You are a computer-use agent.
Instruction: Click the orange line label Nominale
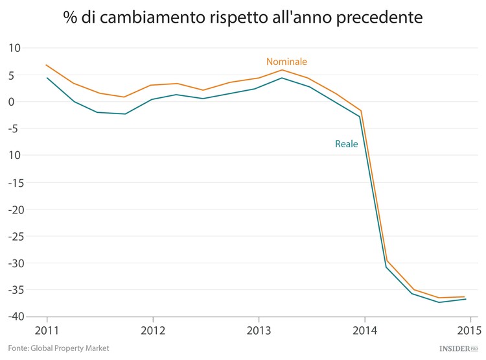point(286,62)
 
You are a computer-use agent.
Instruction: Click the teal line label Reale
point(346,144)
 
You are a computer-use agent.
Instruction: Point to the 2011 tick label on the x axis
point(47,330)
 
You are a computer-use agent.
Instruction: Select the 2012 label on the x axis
point(152,330)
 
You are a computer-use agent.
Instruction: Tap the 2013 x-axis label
point(259,330)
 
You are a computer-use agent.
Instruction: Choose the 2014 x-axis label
point(365,330)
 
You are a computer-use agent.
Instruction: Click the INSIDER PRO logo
point(457,348)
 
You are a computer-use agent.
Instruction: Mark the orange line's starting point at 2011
point(47,65)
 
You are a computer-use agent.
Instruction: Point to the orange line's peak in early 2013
point(282,70)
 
